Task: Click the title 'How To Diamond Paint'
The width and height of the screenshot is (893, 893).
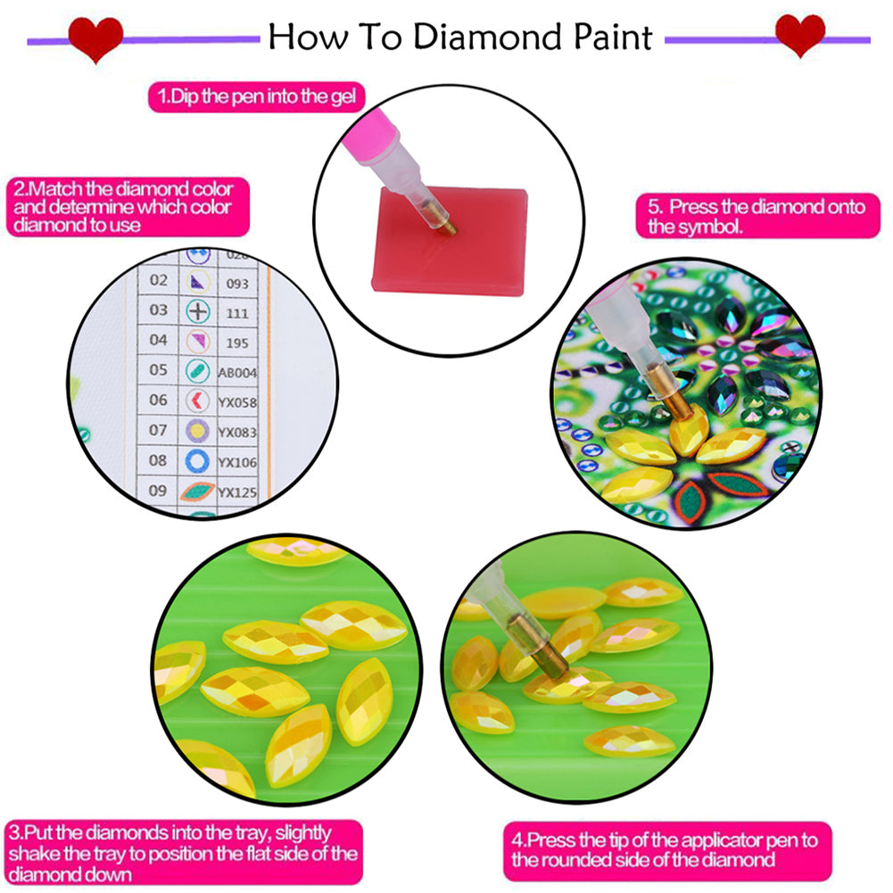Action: (x=459, y=37)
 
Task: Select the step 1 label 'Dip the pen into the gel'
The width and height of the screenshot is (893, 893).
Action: (x=256, y=96)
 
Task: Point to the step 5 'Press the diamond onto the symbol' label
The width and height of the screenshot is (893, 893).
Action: (x=757, y=217)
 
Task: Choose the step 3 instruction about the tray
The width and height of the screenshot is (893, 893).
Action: (x=184, y=854)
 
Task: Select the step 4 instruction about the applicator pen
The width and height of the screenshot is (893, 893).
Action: (x=666, y=849)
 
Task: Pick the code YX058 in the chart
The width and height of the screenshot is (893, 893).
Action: (x=237, y=403)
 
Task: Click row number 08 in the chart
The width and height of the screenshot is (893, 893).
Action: (x=158, y=460)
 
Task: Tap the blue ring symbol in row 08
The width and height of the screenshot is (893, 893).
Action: (x=197, y=461)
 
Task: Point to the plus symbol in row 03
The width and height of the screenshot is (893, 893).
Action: (x=197, y=311)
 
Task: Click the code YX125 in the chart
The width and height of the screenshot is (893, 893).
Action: (x=237, y=492)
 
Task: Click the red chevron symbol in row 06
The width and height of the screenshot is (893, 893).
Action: (x=197, y=402)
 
